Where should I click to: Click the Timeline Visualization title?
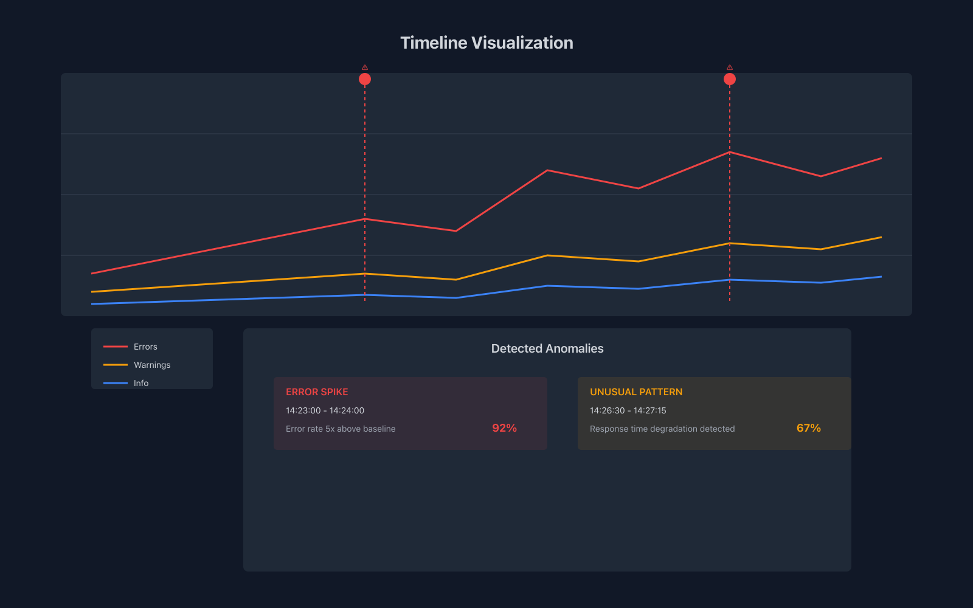coord(486,43)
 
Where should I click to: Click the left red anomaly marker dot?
coord(365,79)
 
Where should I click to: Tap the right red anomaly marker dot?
coord(730,79)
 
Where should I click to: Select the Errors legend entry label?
coord(145,347)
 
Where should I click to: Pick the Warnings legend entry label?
coord(152,365)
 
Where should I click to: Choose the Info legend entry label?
coord(141,383)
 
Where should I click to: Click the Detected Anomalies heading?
coord(547,348)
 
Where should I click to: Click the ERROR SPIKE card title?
coord(317,392)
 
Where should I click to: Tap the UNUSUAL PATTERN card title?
coord(636,392)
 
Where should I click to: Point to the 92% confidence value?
coord(504,428)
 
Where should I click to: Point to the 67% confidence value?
coord(808,428)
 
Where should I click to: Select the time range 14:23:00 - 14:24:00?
coord(325,410)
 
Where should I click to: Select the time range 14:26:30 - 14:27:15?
coord(628,410)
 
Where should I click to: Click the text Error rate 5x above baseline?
coord(341,429)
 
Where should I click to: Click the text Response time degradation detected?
coord(662,429)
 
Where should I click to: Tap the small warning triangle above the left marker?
coord(365,67)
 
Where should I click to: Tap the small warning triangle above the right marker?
coord(730,67)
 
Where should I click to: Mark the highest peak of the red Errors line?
coord(730,152)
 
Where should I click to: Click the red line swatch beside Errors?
coord(116,347)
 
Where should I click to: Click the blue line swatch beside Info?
coord(116,383)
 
